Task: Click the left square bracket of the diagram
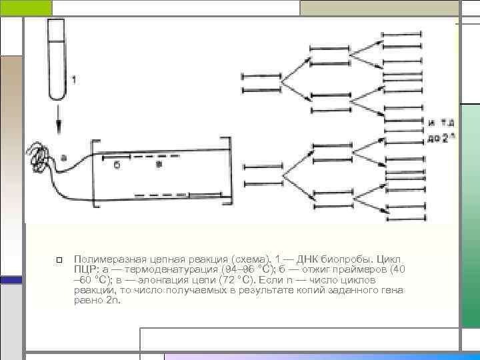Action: click(94, 171)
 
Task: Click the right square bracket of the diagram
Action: click(229, 171)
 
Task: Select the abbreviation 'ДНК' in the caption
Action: click(307, 258)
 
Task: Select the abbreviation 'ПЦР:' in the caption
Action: click(86, 269)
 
